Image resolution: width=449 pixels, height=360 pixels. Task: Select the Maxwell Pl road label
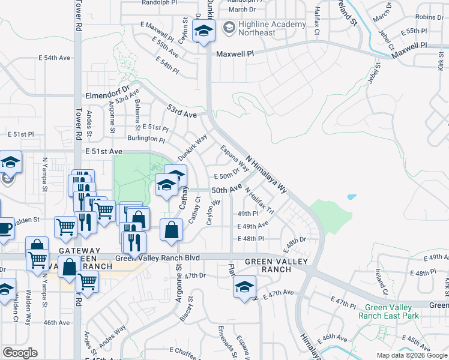pyautogui.click(x=236, y=53)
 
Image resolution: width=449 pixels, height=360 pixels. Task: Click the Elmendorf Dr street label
pyautogui.click(x=107, y=94)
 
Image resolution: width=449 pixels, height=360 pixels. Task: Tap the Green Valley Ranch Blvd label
pyautogui.click(x=157, y=258)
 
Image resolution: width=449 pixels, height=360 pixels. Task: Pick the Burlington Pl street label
pyautogui.click(x=146, y=138)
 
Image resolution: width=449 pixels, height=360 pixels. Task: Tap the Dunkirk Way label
pyautogui.click(x=192, y=146)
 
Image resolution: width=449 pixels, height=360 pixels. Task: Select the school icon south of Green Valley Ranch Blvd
pyautogui.click(x=245, y=287)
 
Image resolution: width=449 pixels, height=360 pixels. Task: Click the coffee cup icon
pyautogui.click(x=4, y=229)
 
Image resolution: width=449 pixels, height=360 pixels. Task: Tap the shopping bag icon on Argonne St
pyautogui.click(x=172, y=229)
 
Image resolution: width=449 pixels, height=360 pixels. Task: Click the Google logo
pyautogui.click(x=19, y=353)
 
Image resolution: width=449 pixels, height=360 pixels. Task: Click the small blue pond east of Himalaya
pyautogui.click(x=351, y=196)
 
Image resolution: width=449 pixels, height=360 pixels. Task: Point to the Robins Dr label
pyautogui.click(x=429, y=17)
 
